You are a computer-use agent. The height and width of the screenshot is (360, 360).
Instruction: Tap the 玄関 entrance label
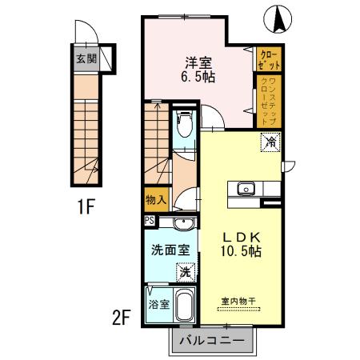[x=86, y=58]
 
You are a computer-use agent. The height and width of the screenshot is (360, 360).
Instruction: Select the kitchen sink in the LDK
[x=245, y=190]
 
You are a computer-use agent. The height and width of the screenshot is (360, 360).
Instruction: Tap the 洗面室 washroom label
[x=170, y=249]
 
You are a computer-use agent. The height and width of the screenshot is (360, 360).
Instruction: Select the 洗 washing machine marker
[x=184, y=272]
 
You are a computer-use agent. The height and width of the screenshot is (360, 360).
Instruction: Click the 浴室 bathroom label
[x=158, y=305]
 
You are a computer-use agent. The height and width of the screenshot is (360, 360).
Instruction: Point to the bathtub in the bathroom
[x=185, y=306]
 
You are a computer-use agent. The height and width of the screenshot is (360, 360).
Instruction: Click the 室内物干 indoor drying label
[x=239, y=301]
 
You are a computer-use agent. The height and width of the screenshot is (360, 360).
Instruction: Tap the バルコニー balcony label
[x=213, y=340]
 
